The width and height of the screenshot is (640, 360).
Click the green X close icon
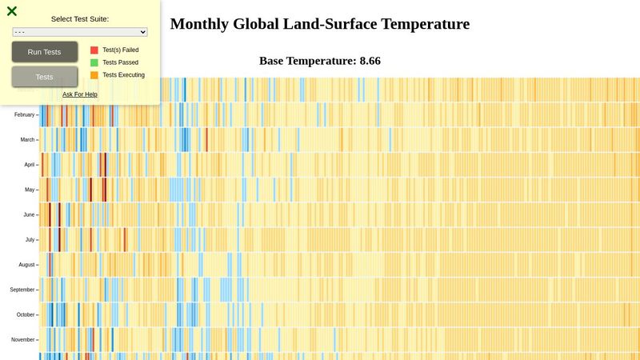pyautogui.click(x=12, y=11)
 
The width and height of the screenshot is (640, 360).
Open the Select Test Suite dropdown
pyautogui.click(x=80, y=32)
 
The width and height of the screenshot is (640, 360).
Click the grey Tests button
pyautogui.click(x=45, y=77)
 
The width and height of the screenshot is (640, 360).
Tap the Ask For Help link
pyautogui.click(x=80, y=94)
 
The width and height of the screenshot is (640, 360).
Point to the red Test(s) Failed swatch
pyautogui.click(x=94, y=50)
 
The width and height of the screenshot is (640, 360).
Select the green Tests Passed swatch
pyautogui.click(x=94, y=62)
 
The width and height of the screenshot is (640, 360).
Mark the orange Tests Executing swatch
pyautogui.click(x=94, y=75)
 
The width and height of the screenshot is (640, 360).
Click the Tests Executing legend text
pyautogui.click(x=123, y=75)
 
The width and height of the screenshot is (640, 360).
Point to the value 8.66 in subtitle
pyautogui.click(x=370, y=61)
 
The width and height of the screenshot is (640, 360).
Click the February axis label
pyautogui.click(x=24, y=114)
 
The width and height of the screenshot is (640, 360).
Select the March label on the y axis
pyautogui.click(x=27, y=140)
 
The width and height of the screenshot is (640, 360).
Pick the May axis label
pyautogui.click(x=30, y=190)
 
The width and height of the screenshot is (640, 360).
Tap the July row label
pyautogui.click(x=30, y=239)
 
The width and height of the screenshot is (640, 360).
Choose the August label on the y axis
pyautogui.click(x=26, y=264)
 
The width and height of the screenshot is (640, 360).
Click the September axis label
pyautogui.click(x=22, y=290)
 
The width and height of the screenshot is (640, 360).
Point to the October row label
pyautogui.click(x=26, y=314)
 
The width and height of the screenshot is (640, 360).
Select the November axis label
pyautogui.click(x=23, y=339)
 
